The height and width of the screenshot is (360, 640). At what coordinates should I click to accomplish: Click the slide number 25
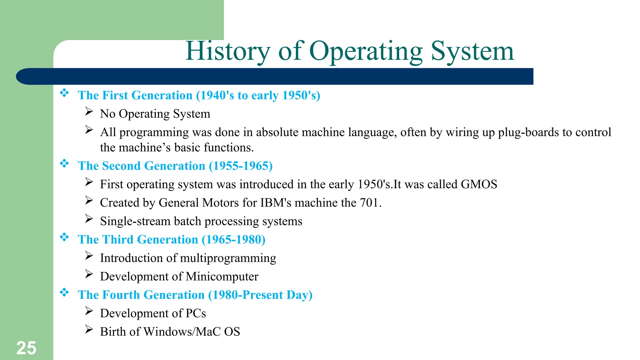click(x=26, y=348)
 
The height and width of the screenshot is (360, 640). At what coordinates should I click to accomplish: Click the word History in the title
click(x=227, y=51)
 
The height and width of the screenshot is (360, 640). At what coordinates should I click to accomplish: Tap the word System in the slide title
click(x=472, y=51)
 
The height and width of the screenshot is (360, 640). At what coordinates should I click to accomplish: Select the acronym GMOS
click(x=479, y=184)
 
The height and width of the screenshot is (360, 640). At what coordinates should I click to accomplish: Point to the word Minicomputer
click(x=222, y=277)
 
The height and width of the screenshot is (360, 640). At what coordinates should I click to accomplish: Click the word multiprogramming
click(x=228, y=258)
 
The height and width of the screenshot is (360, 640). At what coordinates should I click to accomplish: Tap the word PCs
click(x=196, y=313)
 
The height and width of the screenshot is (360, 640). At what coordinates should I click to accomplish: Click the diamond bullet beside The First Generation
click(x=64, y=93)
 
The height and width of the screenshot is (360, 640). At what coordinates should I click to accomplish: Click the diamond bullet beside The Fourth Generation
click(x=64, y=292)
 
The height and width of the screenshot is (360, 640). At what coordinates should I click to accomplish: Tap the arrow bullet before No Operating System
click(x=89, y=112)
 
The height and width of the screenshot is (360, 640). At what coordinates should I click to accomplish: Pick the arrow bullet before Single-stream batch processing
click(x=89, y=219)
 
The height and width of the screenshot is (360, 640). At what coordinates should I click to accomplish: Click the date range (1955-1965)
click(x=241, y=166)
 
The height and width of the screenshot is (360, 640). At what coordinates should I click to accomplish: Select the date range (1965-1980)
click(x=233, y=240)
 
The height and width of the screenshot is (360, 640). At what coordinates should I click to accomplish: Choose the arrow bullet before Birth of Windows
click(x=89, y=329)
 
